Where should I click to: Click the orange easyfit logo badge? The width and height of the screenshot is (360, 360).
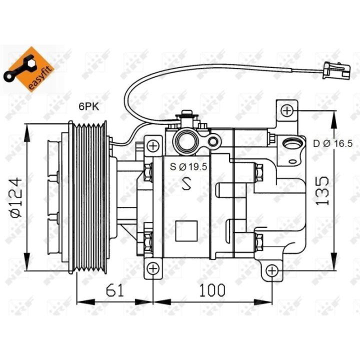click(x=29, y=69)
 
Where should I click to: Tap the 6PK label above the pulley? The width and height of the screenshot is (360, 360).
click(x=89, y=107)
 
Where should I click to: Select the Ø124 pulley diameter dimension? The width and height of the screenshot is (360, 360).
click(x=16, y=197)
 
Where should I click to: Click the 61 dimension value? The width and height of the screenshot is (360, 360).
click(x=114, y=290)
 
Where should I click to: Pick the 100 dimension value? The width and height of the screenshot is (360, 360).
click(x=212, y=290)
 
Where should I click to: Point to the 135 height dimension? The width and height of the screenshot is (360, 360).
click(x=322, y=190)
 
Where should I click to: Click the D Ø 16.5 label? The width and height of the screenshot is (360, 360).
click(x=332, y=143)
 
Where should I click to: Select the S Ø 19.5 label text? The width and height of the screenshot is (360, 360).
click(x=188, y=166)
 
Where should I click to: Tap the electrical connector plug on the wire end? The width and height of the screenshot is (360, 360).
click(x=337, y=70)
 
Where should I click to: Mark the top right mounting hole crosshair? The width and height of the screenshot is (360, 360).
click(x=287, y=110)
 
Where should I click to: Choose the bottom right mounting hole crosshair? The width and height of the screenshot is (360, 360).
click(x=272, y=271)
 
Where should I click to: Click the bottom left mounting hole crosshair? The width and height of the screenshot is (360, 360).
click(x=153, y=268)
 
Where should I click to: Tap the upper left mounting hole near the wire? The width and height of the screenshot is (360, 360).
click(x=153, y=146)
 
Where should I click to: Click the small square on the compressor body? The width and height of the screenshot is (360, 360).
click(x=186, y=230)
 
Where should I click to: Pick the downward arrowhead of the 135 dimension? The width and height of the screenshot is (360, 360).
click(x=333, y=261)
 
